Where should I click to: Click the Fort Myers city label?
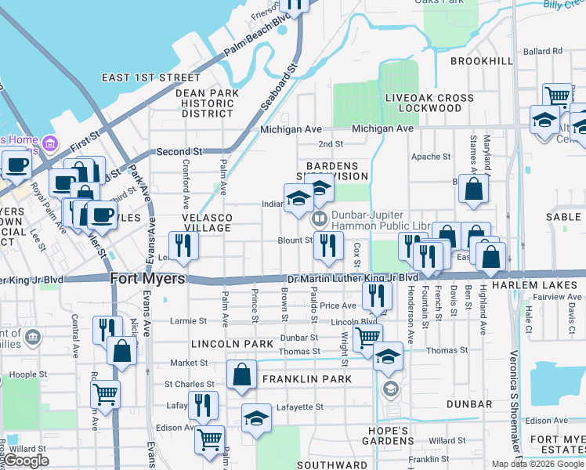147,278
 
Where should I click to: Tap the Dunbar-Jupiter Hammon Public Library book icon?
319,219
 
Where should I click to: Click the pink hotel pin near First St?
51,144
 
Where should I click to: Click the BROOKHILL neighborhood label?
481,61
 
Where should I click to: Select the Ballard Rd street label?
543,51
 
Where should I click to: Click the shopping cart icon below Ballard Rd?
557,96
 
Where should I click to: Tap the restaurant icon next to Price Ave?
377,295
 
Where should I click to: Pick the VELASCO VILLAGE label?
208,222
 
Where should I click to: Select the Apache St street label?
430,157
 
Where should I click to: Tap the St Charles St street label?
189,384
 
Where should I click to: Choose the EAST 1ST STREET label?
151,78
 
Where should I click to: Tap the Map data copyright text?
536,464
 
